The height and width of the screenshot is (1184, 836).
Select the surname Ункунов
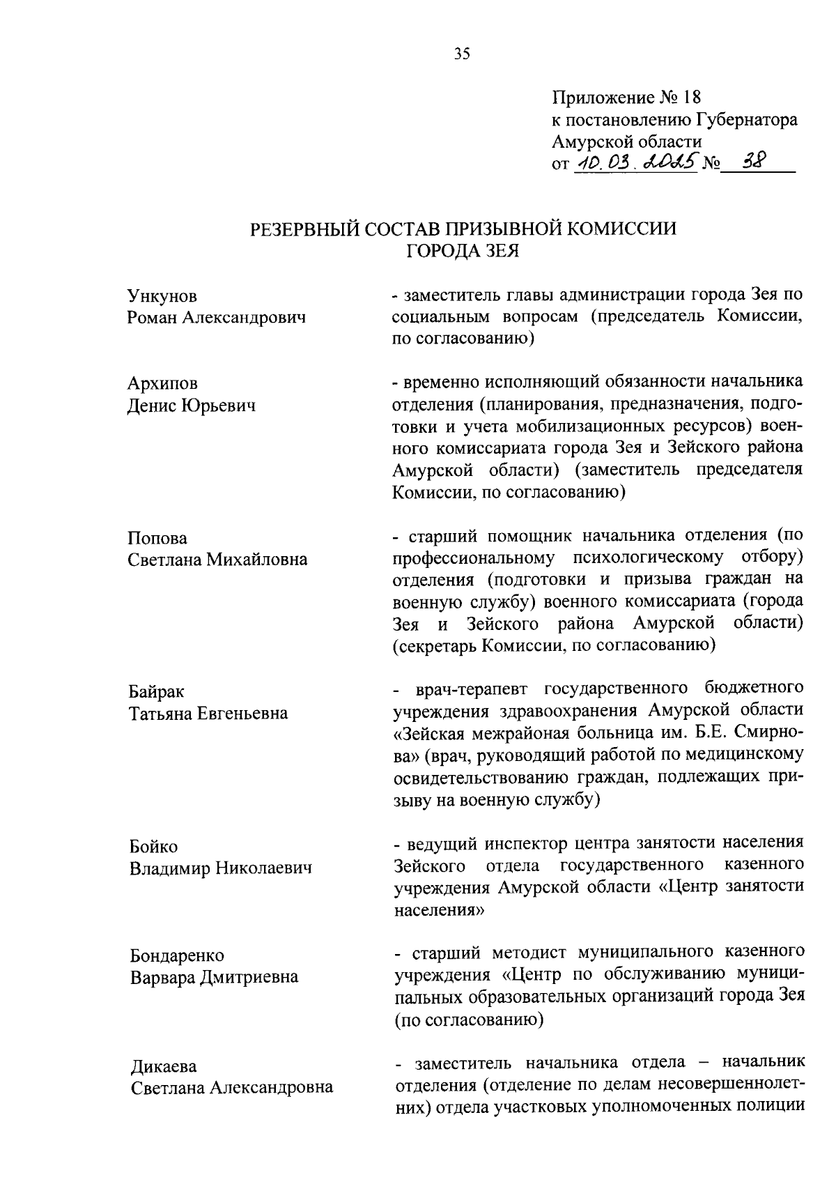(162, 296)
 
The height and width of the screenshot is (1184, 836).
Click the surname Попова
(157, 538)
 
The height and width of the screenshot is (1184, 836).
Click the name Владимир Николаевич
(220, 868)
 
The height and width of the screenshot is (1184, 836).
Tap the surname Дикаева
(164, 1066)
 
